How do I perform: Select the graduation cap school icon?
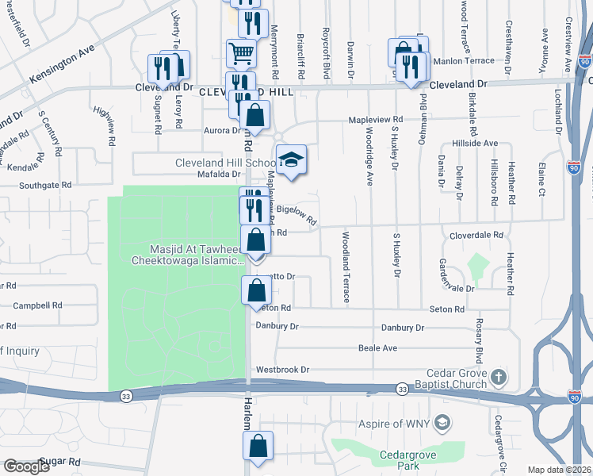pyautogui.click(x=291, y=159)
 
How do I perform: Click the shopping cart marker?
pyautogui.click(x=241, y=54)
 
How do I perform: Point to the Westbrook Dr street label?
pyautogui.click(x=281, y=370)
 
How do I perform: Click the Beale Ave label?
pyautogui.click(x=377, y=348)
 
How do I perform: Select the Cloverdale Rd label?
pyautogui.click(x=476, y=236)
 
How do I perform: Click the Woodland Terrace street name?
pyautogui.click(x=346, y=267)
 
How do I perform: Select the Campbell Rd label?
pyautogui.click(x=37, y=305)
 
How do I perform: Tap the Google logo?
pyautogui.click(x=26, y=466)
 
